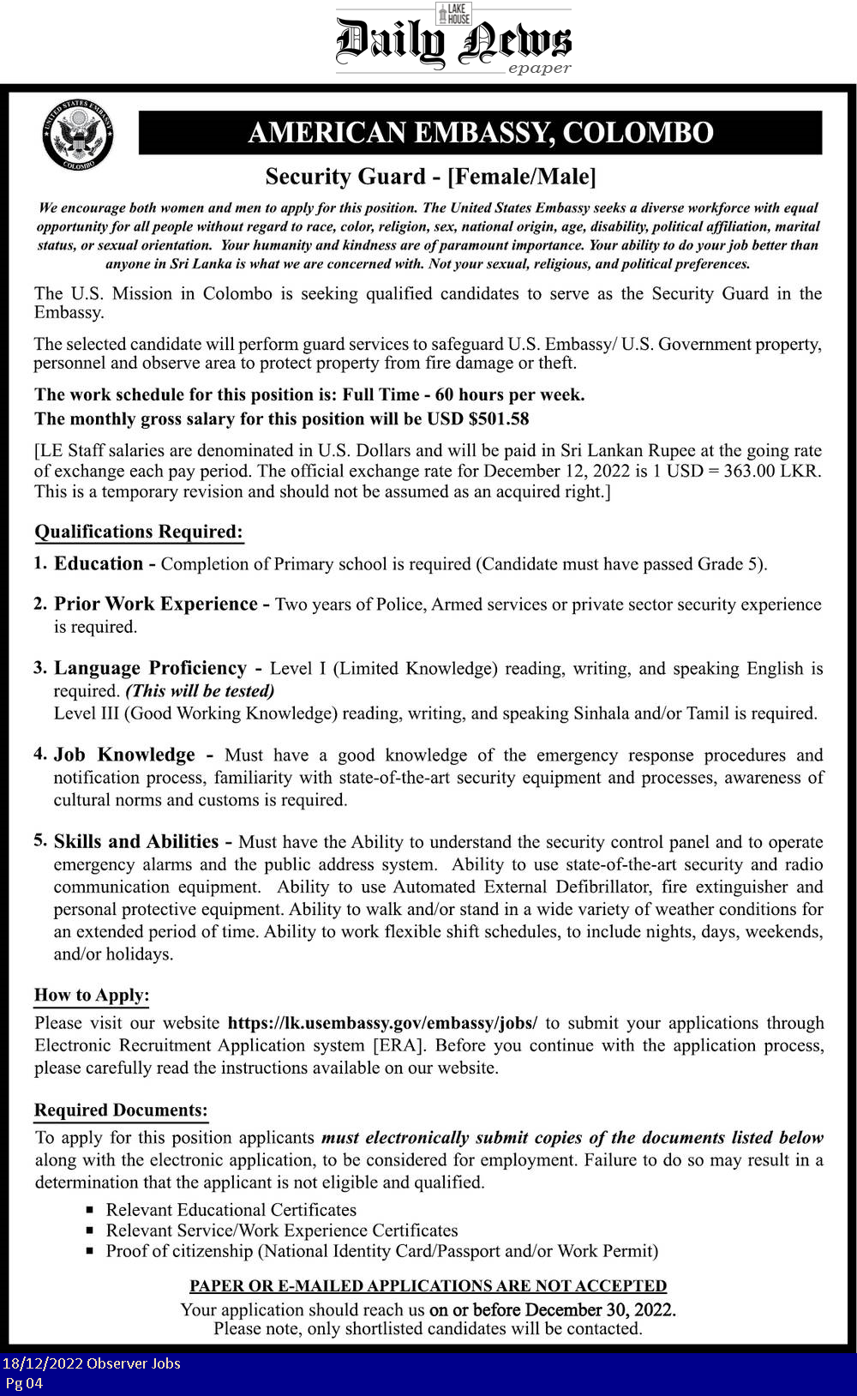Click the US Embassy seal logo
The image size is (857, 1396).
(78, 135)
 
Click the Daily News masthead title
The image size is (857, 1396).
(453, 41)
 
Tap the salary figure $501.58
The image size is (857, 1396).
(499, 418)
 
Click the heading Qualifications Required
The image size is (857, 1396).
(139, 532)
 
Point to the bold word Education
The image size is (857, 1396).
(99, 563)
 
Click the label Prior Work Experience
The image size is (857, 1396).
(156, 604)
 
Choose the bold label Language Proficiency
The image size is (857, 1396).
(150, 668)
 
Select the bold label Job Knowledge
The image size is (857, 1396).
(124, 755)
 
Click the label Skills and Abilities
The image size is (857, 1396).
(136, 841)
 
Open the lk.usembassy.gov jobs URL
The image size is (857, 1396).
(382, 1022)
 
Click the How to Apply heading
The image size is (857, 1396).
(92, 995)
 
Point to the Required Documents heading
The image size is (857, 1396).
(121, 1110)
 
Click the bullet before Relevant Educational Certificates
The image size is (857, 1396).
(90, 1210)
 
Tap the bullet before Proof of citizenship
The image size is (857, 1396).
(90, 1251)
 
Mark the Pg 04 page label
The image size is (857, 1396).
(24, 1382)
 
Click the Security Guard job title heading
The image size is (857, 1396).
(430, 177)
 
